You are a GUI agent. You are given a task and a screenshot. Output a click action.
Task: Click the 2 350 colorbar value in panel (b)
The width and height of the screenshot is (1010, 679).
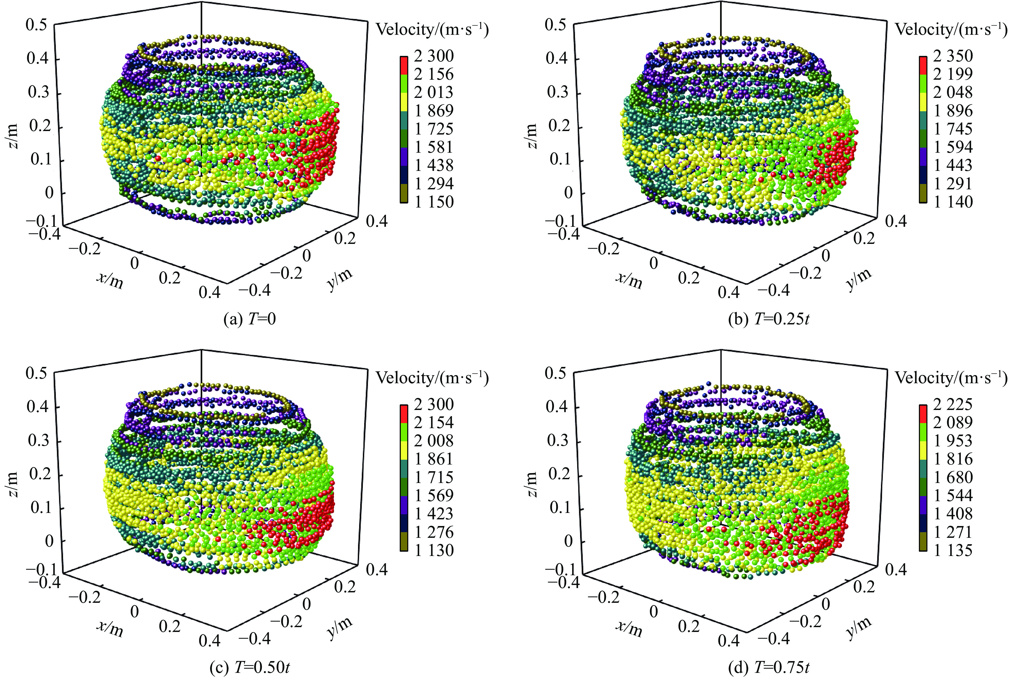pos(953,56)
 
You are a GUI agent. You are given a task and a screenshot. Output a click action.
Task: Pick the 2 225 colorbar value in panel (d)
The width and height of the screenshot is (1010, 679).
pos(953,404)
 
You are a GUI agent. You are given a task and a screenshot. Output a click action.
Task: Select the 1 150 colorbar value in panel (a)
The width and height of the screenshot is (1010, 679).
pos(434,202)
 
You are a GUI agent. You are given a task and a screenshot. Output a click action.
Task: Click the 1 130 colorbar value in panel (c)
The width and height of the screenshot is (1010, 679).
pos(434,550)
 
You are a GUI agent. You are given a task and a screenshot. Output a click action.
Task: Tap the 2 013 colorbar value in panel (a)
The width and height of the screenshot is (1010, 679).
pos(434,92)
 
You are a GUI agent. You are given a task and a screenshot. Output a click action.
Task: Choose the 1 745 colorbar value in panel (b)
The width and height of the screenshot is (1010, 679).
pos(953,129)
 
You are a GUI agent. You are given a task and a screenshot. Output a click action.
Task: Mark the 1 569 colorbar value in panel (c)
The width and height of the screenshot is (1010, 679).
pos(434,495)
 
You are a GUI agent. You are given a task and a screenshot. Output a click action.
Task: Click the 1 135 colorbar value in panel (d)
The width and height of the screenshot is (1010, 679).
pos(953,550)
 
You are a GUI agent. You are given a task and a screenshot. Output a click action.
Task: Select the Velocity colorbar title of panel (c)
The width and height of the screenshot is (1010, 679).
pos(432,378)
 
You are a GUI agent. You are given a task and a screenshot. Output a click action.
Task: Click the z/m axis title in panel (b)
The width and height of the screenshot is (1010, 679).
pos(532,136)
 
